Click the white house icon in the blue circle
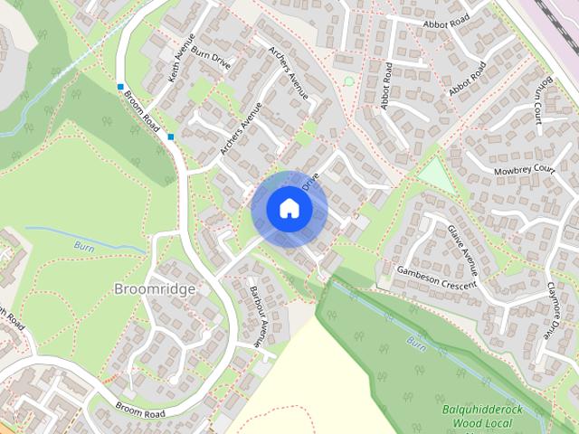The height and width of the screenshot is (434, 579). [289, 208]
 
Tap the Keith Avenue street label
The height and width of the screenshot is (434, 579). [181, 60]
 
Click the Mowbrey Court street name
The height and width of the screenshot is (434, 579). [524, 169]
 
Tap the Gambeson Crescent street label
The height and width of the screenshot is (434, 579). [437, 278]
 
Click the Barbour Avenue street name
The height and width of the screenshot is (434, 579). [256, 313]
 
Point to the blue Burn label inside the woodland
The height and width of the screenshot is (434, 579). [415, 344]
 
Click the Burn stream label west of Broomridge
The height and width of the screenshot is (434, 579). [84, 245]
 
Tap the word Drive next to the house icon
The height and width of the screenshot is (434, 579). [313, 182]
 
